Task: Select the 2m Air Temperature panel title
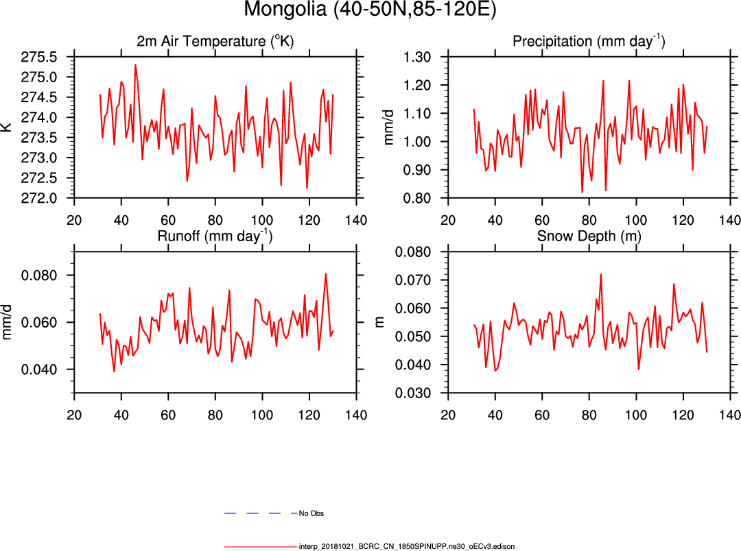(215, 41)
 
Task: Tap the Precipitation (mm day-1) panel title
(589, 41)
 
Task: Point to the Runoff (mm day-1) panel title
(215, 236)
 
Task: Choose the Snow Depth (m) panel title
(589, 236)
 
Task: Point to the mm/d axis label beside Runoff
(8, 322)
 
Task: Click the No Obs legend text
(311, 513)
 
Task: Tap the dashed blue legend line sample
(261, 513)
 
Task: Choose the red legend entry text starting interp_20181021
(406, 547)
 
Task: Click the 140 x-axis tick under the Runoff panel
(355, 415)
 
